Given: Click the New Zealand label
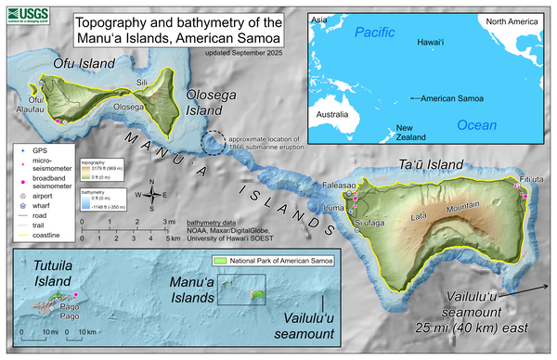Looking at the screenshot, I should pyautogui.click(x=411, y=132).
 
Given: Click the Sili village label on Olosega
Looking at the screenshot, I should pyautogui.click(x=141, y=83).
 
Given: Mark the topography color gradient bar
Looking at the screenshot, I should pyautogui.click(x=79, y=172).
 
